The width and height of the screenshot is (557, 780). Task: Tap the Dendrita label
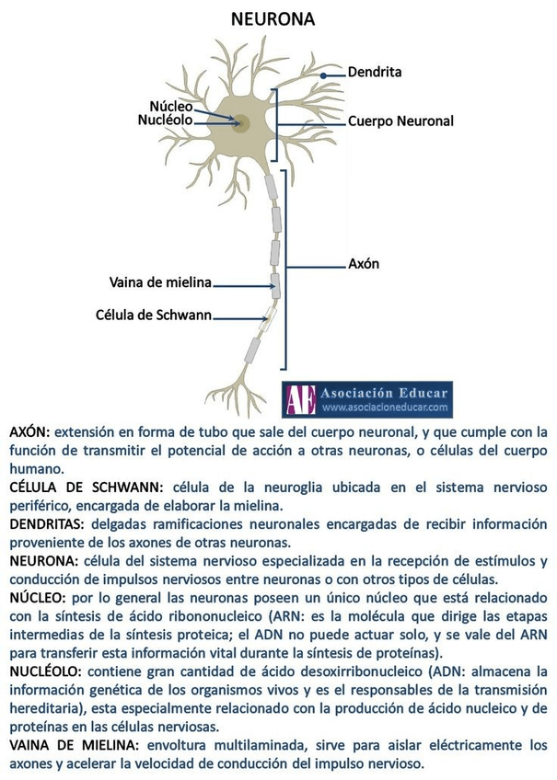point(375,71)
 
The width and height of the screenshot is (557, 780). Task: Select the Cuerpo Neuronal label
point(400,120)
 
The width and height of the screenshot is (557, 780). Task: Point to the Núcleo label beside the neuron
point(171,106)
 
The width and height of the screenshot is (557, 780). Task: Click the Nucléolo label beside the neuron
point(166,120)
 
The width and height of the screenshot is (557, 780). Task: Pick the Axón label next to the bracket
point(364,264)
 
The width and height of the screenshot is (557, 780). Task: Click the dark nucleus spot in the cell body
point(242,122)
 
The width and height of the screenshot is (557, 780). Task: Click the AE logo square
point(300,399)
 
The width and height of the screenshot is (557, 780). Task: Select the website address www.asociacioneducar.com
point(385,407)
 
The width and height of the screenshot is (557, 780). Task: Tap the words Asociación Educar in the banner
point(385,393)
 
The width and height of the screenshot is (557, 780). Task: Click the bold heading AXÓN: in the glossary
point(30,430)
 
